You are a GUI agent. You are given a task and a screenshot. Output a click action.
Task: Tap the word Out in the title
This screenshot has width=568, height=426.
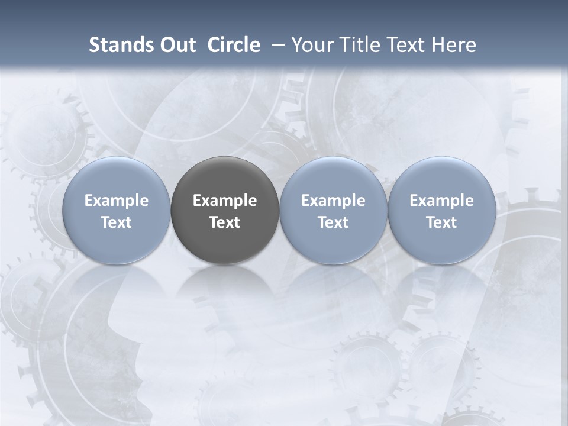(x=177, y=45)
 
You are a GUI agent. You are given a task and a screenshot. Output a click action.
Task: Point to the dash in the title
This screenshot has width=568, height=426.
(x=277, y=45)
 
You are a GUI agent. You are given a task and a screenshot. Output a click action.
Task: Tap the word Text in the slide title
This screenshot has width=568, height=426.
(x=404, y=45)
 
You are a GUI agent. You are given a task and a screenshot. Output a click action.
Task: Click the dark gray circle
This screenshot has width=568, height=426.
(x=225, y=210)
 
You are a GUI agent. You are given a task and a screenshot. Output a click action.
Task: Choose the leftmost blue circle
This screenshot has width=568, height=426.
(x=117, y=210)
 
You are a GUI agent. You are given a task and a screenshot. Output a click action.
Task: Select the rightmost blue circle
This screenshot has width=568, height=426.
(x=442, y=210)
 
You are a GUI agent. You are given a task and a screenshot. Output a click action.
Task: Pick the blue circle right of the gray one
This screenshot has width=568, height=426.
(x=333, y=210)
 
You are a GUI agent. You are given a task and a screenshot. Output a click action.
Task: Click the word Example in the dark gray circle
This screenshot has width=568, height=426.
(x=225, y=201)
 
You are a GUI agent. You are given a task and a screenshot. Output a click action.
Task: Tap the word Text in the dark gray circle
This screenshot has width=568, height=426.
(x=225, y=222)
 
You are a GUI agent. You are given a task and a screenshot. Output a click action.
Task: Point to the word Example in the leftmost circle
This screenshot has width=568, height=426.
(x=117, y=201)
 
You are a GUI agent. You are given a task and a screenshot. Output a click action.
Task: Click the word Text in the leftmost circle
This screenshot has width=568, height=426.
(x=117, y=222)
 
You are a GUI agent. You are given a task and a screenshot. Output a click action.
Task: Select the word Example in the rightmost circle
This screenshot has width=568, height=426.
(x=442, y=201)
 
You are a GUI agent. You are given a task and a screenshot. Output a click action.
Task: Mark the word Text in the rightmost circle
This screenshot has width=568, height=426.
(x=442, y=222)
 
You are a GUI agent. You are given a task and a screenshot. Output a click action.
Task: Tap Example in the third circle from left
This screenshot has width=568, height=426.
(x=333, y=201)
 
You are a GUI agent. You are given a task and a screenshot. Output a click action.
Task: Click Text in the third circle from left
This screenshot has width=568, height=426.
(x=333, y=222)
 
